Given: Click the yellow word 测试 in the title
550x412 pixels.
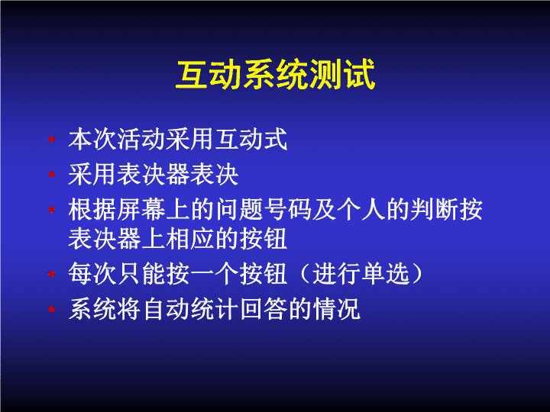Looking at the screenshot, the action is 343,74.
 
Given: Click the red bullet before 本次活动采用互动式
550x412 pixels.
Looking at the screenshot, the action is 52,140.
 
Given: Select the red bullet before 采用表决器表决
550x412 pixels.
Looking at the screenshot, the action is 52,174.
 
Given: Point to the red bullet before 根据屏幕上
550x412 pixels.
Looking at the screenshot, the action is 52,210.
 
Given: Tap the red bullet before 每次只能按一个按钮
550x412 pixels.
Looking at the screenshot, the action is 52,274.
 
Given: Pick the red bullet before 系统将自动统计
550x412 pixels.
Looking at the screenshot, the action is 52,309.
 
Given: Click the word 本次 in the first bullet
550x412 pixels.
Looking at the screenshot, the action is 92,140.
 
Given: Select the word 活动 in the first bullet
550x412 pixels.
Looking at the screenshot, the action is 141,140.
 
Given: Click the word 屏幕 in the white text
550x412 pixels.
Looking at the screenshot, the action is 141,210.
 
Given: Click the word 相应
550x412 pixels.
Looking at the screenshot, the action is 190,239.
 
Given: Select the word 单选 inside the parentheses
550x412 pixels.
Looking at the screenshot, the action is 385,274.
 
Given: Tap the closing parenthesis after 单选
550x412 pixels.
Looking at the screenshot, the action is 417,274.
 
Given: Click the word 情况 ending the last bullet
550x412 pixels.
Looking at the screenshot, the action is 337,309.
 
